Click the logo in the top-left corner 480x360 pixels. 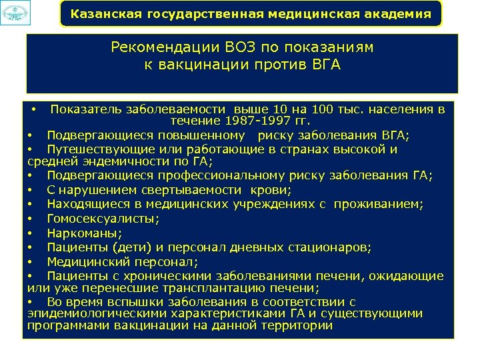pyautogui.click(x=15, y=14)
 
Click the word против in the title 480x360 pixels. pyautogui.click(x=279, y=65)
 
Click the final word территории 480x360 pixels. pyautogui.click(x=298, y=326)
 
